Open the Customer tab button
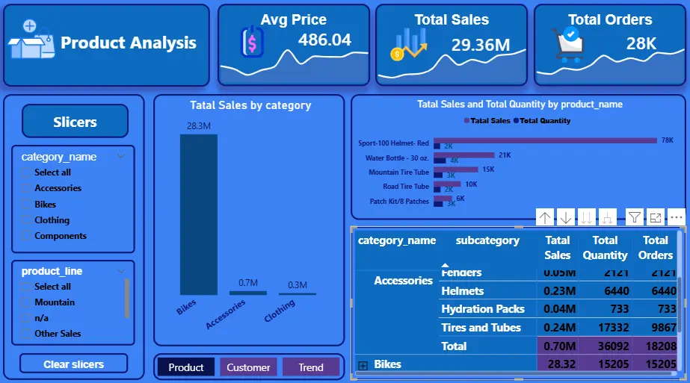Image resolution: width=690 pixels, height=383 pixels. [x=248, y=367]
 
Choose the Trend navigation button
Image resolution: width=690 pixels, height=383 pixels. [x=311, y=367]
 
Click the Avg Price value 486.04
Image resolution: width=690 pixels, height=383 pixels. [x=324, y=40]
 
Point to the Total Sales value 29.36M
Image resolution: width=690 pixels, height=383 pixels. [x=480, y=45]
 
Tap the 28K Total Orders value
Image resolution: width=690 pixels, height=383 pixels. [x=641, y=43]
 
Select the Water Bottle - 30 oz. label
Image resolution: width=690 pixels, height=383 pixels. [x=397, y=158]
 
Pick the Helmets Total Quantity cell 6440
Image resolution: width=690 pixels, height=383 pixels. [x=605, y=291]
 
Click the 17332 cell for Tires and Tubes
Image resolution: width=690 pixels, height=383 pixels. [x=605, y=328]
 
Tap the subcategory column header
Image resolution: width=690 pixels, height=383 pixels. [x=487, y=240]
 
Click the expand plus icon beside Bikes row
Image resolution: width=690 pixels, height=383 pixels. [x=363, y=365]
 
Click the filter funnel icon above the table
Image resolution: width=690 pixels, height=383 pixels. [x=634, y=217]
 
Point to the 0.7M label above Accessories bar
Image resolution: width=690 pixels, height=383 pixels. [x=247, y=283]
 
